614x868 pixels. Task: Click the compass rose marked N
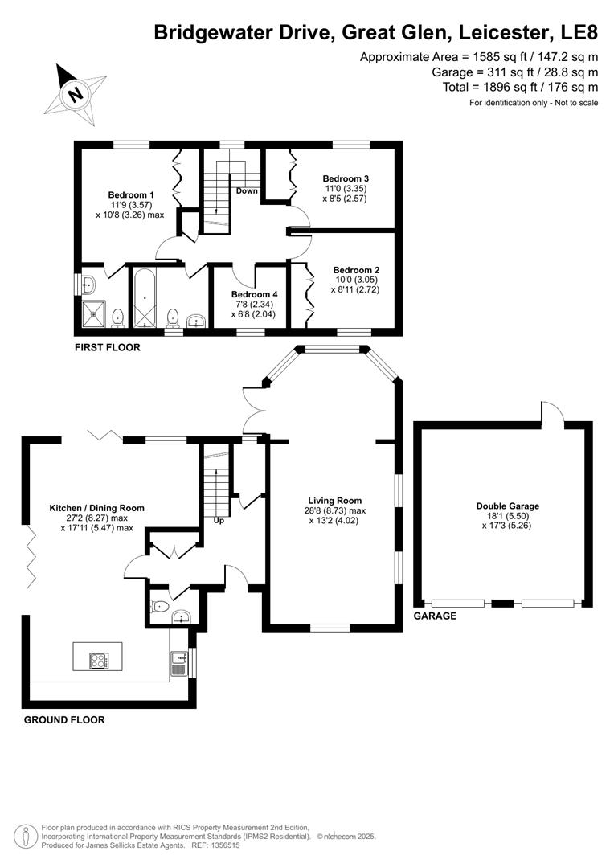[x=76, y=92]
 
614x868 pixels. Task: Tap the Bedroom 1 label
[x=131, y=194]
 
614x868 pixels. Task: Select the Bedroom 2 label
[x=356, y=270]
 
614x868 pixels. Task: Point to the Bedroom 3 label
[x=346, y=178]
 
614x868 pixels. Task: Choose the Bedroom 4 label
[x=254, y=294]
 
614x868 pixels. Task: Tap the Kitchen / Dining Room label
[x=96, y=508]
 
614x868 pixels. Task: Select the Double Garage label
[x=507, y=506]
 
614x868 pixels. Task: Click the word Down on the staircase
[x=247, y=191]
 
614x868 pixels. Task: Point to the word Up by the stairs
[x=218, y=521]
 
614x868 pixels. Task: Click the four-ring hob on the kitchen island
[x=98, y=661]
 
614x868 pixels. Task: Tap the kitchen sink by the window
[x=178, y=663]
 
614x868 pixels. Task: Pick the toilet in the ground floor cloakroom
[x=161, y=608]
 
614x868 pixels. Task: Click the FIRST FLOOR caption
[x=107, y=348]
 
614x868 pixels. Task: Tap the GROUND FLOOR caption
[x=64, y=720]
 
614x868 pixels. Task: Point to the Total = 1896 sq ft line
[x=520, y=87]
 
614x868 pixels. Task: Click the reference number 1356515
[x=223, y=845]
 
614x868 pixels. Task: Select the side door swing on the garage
[x=552, y=411]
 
